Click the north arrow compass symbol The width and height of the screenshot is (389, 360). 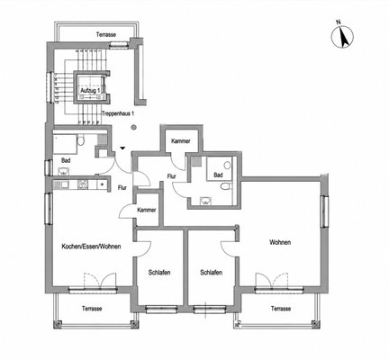pos(342,37)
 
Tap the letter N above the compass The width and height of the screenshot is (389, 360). pos(339,22)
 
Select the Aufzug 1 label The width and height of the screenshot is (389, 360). pos(90,90)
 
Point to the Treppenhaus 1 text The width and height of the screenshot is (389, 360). pos(118,113)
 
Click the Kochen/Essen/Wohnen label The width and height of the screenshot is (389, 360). pos(91,247)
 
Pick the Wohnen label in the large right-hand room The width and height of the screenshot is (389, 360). pos(280,242)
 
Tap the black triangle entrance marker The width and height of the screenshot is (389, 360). pos(122,148)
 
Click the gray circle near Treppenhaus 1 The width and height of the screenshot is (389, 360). pos(134,127)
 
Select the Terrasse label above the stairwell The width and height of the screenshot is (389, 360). pos(106,34)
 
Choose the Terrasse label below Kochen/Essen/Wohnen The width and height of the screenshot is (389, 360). pos(92,309)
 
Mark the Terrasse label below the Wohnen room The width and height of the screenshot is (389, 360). pos(281,309)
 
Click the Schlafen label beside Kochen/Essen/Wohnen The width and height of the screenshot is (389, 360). pos(159,273)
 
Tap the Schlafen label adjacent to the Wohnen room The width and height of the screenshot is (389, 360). pos(212,273)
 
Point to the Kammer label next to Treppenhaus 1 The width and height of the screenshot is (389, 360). pos(181,141)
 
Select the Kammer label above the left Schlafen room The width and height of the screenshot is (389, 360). pos(147,210)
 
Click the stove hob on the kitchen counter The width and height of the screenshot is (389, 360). pos(82,184)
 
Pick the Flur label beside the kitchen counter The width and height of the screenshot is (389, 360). pos(122,188)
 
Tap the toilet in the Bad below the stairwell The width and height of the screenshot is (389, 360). pos(80,140)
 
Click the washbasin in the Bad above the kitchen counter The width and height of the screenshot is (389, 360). pos(63,172)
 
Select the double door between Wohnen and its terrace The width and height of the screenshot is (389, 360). pos(272,281)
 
